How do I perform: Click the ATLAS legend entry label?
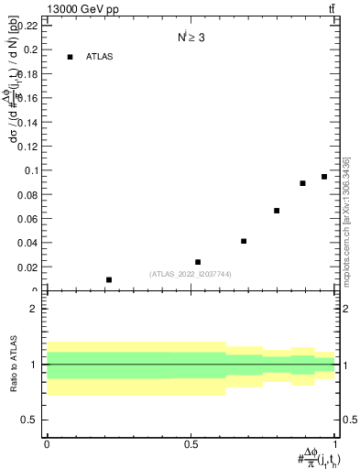coord(100,57)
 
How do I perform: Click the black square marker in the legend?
coord(70,57)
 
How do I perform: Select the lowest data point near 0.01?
coord(109,279)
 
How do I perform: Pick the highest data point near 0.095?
coord(324,177)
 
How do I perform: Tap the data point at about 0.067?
coord(277,211)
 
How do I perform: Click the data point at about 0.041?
coord(244,241)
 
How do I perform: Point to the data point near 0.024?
coord(198,262)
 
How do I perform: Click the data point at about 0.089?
coord(302,183)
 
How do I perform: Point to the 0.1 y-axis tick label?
coord(30,170)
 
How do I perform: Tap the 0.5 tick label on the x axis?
coord(191,443)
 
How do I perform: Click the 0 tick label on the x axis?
coord(47,443)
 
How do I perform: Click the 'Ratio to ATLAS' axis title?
coord(13,364)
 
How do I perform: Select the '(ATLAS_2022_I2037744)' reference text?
coord(191,273)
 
